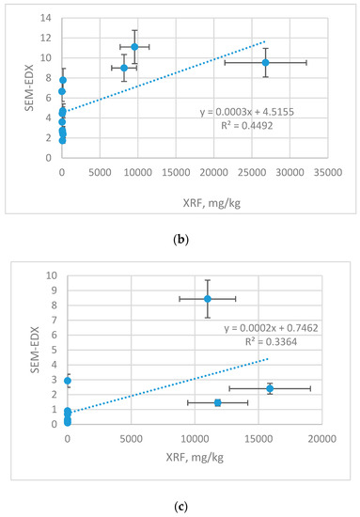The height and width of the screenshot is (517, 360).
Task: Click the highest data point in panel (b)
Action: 134,46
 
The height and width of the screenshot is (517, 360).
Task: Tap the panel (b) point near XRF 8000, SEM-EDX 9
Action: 123,68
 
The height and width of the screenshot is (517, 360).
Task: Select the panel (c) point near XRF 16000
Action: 270,388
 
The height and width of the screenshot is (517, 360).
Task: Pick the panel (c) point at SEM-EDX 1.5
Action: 217,402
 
